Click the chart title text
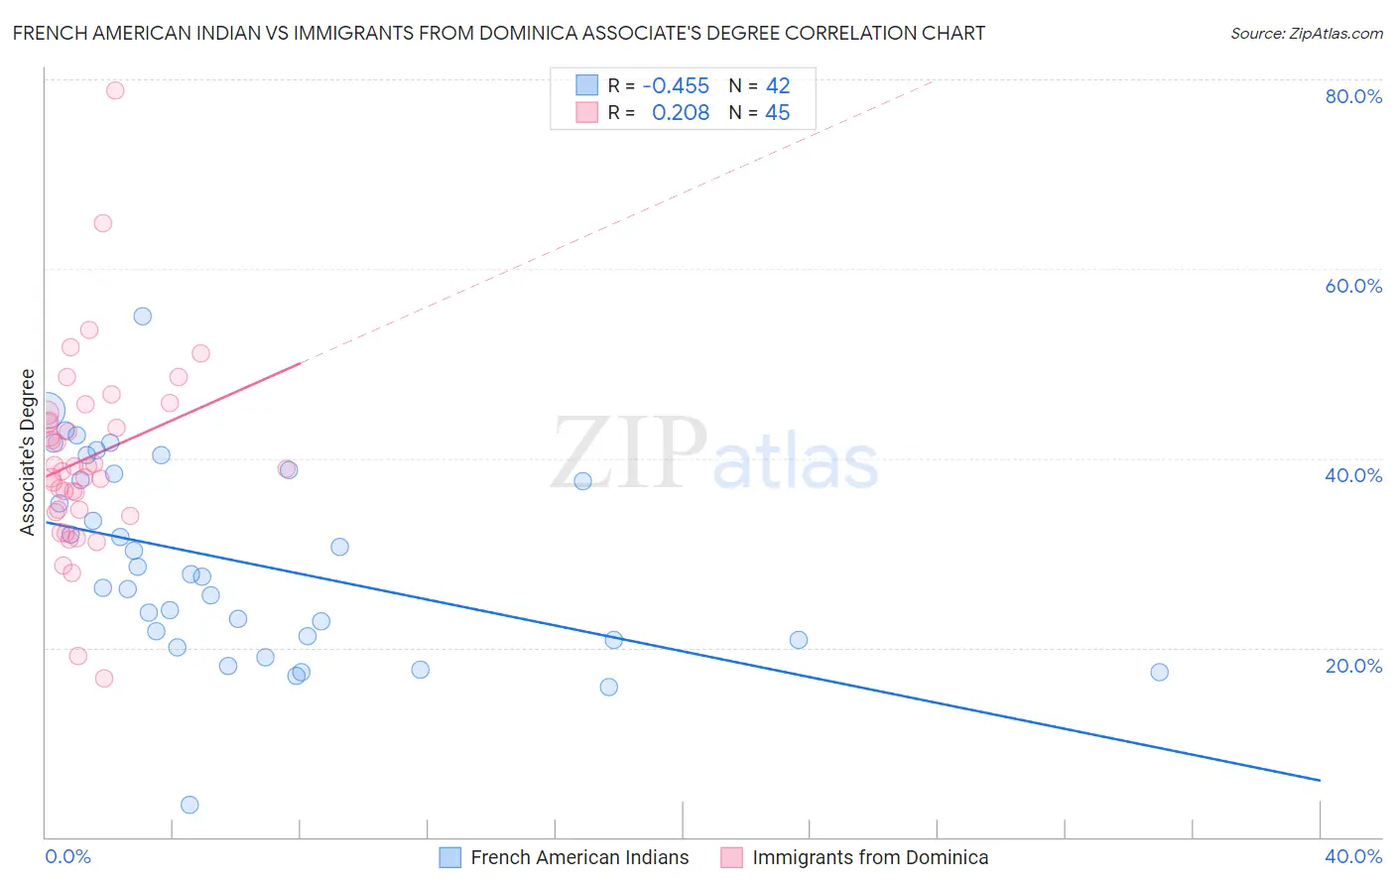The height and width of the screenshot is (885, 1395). (x=499, y=33)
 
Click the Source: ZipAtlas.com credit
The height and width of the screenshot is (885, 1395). (x=1306, y=34)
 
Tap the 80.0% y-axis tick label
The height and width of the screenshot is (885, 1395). (x=1353, y=96)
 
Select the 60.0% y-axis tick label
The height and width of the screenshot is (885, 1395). (x=1353, y=286)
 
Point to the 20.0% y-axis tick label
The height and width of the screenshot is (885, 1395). (x=1353, y=666)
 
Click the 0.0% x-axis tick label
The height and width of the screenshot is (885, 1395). (x=68, y=856)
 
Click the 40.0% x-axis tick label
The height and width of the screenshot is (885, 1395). (x=1353, y=856)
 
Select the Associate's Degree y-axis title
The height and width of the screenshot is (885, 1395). (x=28, y=452)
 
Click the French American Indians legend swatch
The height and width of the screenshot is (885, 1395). (x=450, y=857)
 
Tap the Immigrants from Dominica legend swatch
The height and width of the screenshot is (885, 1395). (x=732, y=857)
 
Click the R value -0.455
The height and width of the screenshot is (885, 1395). (x=676, y=85)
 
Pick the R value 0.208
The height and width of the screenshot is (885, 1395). (x=681, y=113)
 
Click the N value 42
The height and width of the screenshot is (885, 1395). (x=778, y=85)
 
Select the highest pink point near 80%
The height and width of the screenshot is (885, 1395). (x=115, y=90)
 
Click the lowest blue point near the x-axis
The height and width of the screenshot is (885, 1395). (x=190, y=805)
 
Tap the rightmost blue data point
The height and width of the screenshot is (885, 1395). (x=1159, y=672)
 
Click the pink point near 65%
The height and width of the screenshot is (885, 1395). (x=102, y=223)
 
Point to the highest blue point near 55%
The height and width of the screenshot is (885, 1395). (x=143, y=316)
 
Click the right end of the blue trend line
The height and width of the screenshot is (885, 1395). (x=1320, y=781)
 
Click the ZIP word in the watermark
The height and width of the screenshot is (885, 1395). (x=629, y=452)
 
